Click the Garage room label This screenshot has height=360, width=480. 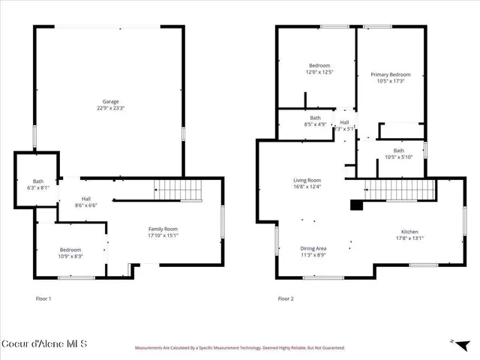click(x=110, y=101)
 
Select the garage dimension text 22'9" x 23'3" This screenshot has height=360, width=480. click(x=110, y=108)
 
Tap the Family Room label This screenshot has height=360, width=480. click(x=162, y=229)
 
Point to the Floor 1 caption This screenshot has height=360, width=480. click(x=44, y=298)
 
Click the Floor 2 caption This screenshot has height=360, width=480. click(x=285, y=298)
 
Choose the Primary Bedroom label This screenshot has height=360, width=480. click(x=391, y=74)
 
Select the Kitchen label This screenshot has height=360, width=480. click(x=409, y=232)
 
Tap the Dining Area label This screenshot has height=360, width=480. click(x=313, y=248)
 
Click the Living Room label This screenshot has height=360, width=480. click(x=307, y=180)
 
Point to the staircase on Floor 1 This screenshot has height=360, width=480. click(x=178, y=190)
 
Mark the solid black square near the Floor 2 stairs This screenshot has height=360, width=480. click(x=356, y=203)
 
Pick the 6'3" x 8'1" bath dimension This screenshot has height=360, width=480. click(x=38, y=187)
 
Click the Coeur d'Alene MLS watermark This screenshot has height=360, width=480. click(x=44, y=344)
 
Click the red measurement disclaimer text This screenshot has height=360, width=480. click(x=239, y=348)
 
